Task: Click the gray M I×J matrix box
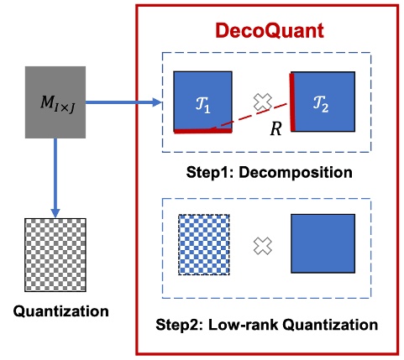56,104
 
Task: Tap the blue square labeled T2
323,102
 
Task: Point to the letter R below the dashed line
274,131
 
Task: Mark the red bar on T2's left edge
292,102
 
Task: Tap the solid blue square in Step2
323,243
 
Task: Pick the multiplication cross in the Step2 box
264,245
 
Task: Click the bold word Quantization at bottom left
61,311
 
